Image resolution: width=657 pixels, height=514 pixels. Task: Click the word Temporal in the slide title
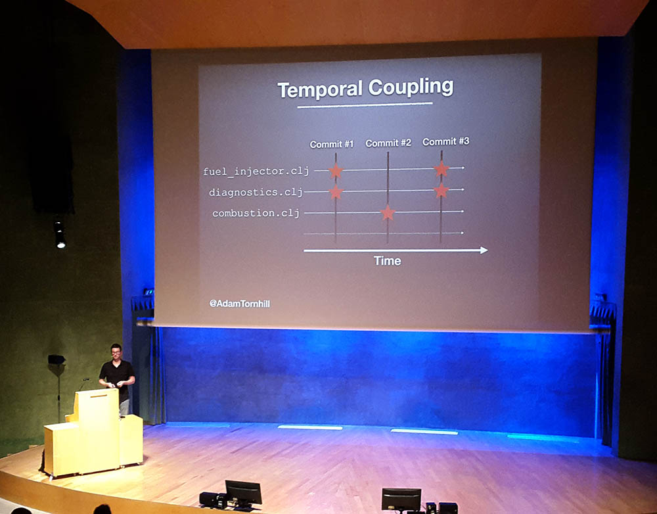pos(320,89)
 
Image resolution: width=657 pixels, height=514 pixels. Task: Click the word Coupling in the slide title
pos(411,87)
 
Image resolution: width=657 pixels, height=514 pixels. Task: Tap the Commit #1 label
pos(331,144)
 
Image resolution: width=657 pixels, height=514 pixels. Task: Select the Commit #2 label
pos(388,143)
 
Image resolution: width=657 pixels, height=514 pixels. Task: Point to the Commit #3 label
pos(445,142)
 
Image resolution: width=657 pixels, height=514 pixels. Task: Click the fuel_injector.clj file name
pos(256,171)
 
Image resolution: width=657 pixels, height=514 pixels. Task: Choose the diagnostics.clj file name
pos(256,193)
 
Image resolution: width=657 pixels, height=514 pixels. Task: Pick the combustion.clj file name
pos(256,213)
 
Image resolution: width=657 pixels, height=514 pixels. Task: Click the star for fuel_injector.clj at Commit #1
pos(336,171)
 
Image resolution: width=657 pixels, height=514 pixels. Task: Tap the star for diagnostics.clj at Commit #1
pos(336,192)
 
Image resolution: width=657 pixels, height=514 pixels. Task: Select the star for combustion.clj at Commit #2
pos(388,212)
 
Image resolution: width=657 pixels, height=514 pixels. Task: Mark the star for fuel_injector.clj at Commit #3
pos(442,169)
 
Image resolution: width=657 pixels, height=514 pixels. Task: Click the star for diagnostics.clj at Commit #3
pos(442,191)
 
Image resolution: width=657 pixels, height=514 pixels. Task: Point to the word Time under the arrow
pos(388,261)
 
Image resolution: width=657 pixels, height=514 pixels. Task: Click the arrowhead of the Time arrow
pos(484,250)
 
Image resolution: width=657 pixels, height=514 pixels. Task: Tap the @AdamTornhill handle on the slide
pos(240,303)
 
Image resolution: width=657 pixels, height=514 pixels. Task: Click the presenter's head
pos(116,352)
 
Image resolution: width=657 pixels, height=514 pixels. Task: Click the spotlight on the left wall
pos(60,235)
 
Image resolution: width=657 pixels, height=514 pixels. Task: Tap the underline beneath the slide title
pos(365,105)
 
